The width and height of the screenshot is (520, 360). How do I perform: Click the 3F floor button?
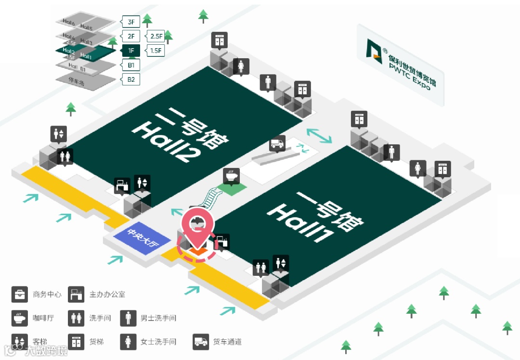[x=131, y=22]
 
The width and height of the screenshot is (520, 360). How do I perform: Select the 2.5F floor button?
[x=156, y=36]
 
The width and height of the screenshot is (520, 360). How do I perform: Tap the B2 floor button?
[x=131, y=79]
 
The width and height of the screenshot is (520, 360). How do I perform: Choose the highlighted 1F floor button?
[x=131, y=51]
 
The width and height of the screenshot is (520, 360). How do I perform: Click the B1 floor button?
[x=131, y=64]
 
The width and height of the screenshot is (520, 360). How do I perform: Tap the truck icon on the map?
[x=277, y=143]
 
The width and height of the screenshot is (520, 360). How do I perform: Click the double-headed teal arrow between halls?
[x=320, y=135]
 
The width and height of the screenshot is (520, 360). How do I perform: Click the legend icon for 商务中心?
[x=20, y=294]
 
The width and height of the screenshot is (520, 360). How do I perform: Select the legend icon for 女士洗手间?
[x=129, y=342]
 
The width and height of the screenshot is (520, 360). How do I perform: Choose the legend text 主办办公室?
[x=107, y=294]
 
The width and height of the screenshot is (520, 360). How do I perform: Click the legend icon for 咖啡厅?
[x=20, y=318]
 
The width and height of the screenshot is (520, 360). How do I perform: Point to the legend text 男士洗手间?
[x=158, y=318]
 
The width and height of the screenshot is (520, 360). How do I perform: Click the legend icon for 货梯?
[x=77, y=342]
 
